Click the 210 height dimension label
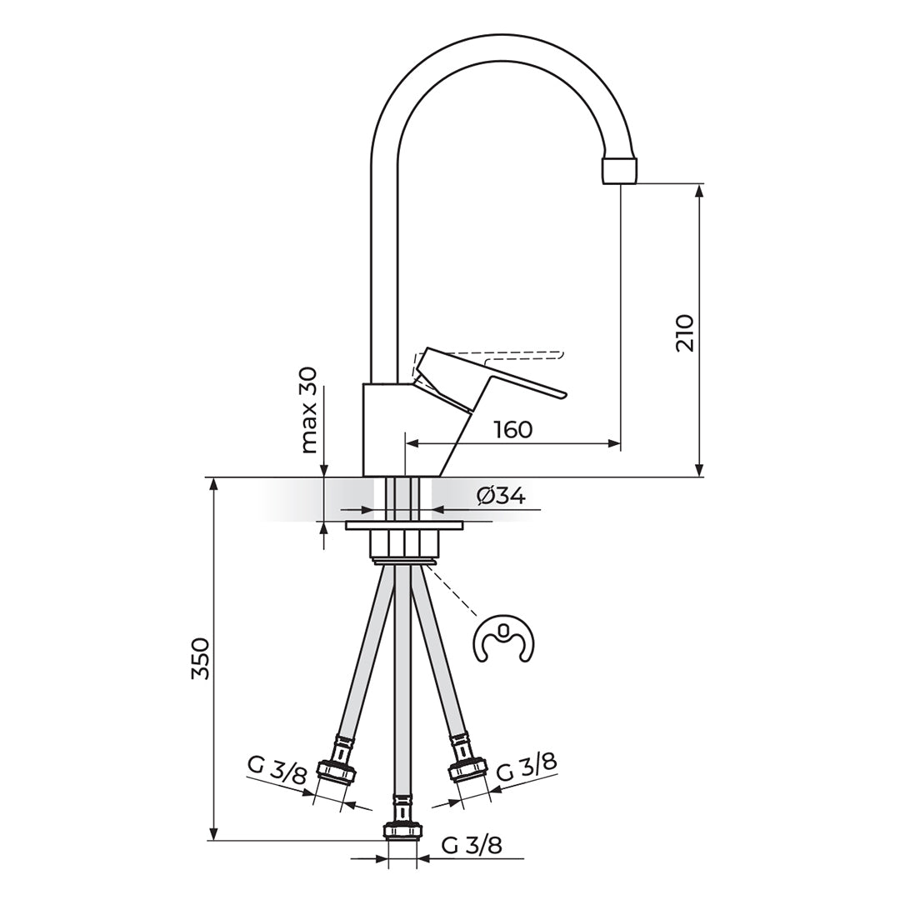coord(684,332)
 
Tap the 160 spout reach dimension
coord(512,430)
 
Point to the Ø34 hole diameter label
coord(501,496)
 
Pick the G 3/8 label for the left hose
coord(277,768)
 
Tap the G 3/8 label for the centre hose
coord(472,846)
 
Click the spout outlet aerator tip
coord(621,169)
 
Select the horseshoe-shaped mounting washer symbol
coord(503,640)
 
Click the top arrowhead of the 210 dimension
coord(699,189)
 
